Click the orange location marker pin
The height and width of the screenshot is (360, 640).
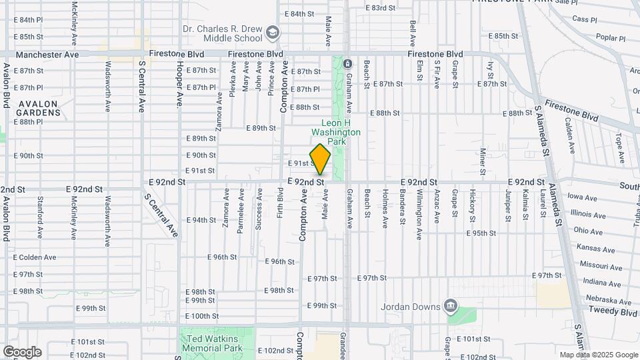coord(320,159)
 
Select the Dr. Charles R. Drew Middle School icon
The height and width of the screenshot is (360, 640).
coord(273,32)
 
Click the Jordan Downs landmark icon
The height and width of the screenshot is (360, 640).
coord(451,306)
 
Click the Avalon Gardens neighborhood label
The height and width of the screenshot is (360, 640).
coord(39,108)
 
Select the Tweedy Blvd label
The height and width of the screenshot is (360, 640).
coord(611,312)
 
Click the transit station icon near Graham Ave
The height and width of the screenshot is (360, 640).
coord(347,64)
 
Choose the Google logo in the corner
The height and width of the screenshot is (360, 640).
coord(22,351)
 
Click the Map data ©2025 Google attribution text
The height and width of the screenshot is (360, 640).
coord(598,355)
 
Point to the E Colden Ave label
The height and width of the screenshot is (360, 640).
coord(35,257)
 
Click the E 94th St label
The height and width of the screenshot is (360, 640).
coord(201,220)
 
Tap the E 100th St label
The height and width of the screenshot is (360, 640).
coord(201,316)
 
